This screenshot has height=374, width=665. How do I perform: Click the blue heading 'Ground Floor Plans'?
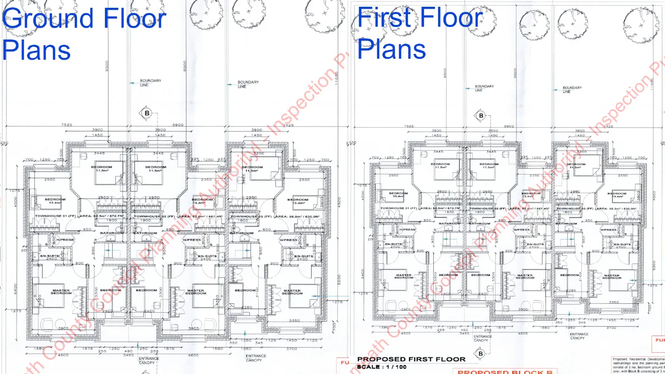(83, 34)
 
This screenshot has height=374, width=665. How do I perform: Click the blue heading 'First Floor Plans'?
(420, 34)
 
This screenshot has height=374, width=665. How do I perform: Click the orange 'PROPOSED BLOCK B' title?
(504, 371)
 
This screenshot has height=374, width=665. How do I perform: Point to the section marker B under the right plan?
(481, 354)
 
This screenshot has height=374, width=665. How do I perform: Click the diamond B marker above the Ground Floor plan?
(147, 113)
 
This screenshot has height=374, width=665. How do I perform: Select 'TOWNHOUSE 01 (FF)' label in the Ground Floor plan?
(56, 216)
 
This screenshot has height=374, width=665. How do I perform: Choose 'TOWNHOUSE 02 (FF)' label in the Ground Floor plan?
(154, 216)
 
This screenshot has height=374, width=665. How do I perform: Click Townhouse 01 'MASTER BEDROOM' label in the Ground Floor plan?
(61, 292)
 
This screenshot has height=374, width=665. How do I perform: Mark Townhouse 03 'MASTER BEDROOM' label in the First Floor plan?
(611, 277)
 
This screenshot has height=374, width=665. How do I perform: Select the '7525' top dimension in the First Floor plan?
(409, 126)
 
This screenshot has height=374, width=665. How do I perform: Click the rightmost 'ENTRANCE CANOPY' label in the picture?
(578, 336)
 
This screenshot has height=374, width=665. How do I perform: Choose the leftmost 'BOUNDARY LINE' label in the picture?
(151, 83)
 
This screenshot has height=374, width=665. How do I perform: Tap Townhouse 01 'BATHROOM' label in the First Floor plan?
(450, 223)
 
